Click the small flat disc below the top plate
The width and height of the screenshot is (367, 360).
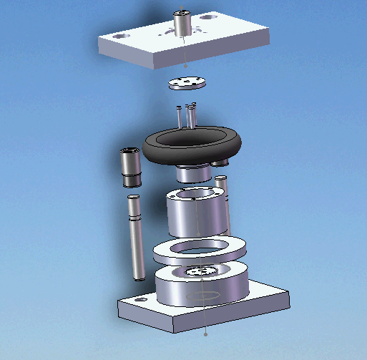pos(187,82)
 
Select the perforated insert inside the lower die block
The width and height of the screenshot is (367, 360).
pos(200,272)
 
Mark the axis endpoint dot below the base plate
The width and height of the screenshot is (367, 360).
pos(206,334)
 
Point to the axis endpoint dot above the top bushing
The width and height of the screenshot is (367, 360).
pos(181,9)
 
